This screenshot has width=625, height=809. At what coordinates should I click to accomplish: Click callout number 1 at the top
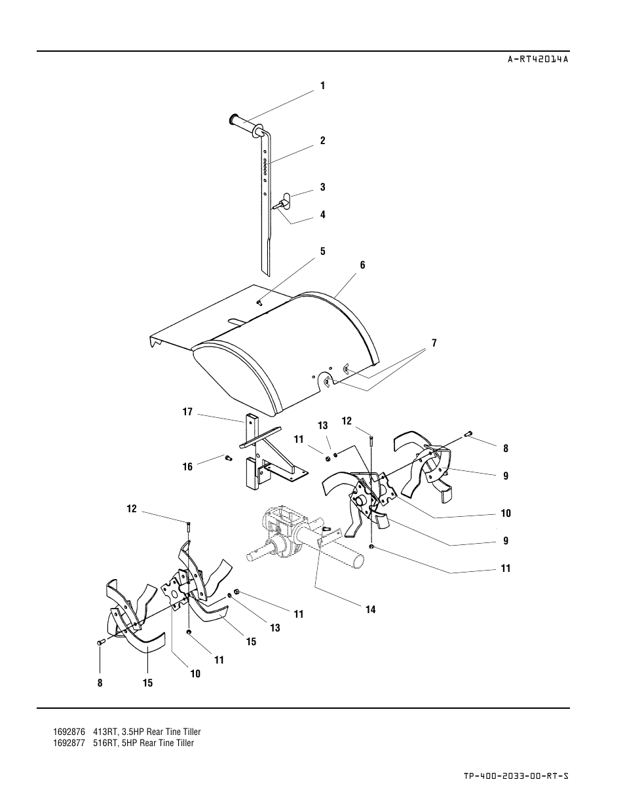click(323, 86)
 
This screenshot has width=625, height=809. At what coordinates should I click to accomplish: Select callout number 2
click(323, 141)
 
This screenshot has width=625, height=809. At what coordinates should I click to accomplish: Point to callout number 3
click(323, 187)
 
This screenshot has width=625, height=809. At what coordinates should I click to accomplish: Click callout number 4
click(323, 215)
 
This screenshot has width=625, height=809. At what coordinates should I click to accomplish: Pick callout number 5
click(323, 252)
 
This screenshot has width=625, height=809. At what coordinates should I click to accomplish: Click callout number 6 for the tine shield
click(362, 265)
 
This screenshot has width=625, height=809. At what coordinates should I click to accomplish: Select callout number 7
click(434, 343)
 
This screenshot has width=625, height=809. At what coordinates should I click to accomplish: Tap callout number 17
click(187, 412)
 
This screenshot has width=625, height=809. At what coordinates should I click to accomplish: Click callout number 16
click(187, 466)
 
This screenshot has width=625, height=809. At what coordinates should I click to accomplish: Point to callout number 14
click(370, 609)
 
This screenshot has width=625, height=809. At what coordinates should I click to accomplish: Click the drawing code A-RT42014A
click(538, 59)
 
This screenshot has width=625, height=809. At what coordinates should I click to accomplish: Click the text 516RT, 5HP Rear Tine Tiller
click(143, 743)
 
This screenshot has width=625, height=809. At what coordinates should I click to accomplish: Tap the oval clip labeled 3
click(286, 197)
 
